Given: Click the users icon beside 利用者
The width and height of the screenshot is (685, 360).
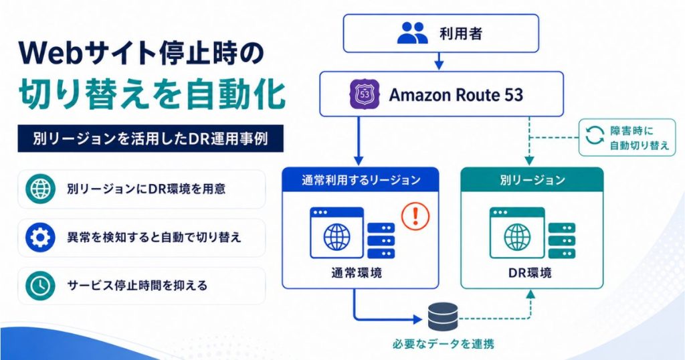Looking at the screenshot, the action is coord(412,33).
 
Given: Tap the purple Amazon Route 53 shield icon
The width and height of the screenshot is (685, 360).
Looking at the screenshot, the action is coord(365,94).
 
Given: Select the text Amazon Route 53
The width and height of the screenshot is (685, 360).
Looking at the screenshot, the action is coord(456,95).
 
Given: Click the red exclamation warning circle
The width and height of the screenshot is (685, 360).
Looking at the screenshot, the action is coord(415,215).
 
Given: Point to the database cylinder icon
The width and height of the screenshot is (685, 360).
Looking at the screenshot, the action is coord(443,317).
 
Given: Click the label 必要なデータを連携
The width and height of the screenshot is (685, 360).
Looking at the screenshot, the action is coord(444,344).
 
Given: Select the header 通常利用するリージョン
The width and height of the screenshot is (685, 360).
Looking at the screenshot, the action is coord(361,180).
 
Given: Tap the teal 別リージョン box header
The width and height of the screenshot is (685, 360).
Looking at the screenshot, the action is coord(532,180).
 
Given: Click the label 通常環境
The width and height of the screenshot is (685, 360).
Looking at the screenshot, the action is coord(357,273).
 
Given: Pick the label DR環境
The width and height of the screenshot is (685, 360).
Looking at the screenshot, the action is coord(530,273).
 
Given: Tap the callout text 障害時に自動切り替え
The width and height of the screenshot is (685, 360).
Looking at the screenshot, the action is coord(639,138).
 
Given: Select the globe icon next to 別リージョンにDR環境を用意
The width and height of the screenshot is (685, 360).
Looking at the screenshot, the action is coord(40,189).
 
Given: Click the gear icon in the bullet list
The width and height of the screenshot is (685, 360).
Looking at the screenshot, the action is coord(40,238).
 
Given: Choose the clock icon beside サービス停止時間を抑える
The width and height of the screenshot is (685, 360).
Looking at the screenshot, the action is coord(40,286).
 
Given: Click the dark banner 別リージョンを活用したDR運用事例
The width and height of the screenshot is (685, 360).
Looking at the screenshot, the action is coord(151,139).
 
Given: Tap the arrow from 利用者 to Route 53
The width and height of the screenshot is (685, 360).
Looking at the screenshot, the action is coord(439,61).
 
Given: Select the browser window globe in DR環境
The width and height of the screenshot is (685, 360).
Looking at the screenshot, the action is coord(517,238).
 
